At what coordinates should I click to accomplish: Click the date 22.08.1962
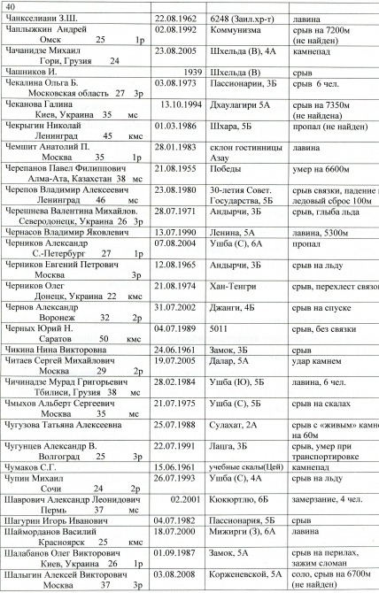coord(181,18)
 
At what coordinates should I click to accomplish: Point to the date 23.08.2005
coord(181,53)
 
